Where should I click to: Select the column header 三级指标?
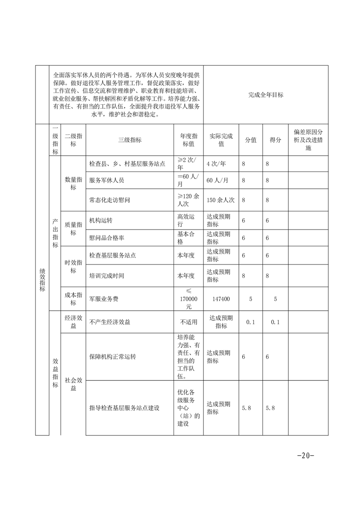pos(129,140)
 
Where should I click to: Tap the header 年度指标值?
pos(188,140)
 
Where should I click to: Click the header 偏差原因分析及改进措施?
pos(308,140)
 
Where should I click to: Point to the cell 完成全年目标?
pos(266,95)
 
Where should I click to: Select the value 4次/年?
pos(217,163)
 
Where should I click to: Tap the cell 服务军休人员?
pos(107,180)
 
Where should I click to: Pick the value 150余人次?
pos(220,199)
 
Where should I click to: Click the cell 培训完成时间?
pos(107,276)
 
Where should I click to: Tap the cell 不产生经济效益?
pos(110,322)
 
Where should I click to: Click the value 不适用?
pos(188,322)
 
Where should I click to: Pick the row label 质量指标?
pos(73,229)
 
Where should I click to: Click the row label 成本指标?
pos(73,299)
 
